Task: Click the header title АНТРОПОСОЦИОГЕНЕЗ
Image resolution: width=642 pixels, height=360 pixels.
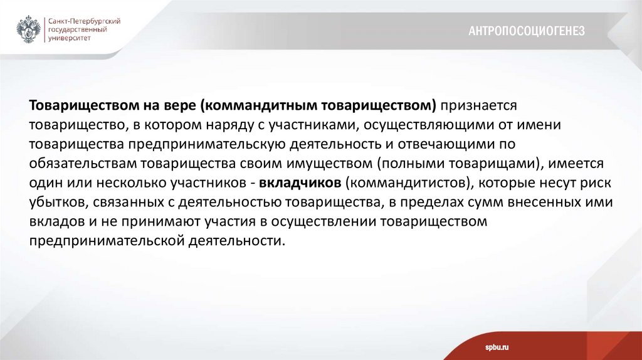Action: [526, 31]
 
